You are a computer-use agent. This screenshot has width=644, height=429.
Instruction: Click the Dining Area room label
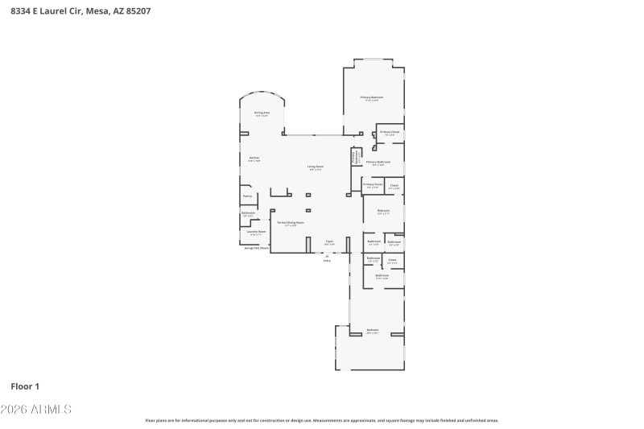[x=262, y=113]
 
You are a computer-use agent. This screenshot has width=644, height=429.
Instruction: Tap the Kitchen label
[x=254, y=159]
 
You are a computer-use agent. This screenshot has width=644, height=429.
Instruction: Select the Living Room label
[x=315, y=167]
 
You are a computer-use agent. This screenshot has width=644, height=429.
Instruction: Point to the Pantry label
[x=247, y=196]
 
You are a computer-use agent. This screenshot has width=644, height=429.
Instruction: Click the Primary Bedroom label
[x=371, y=98]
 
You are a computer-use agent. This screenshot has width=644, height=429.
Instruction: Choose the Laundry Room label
[x=256, y=233]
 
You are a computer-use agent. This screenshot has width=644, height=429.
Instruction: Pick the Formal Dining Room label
[x=291, y=223]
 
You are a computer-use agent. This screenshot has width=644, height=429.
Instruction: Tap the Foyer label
[x=329, y=241]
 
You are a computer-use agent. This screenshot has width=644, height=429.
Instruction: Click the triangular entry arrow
[x=327, y=255]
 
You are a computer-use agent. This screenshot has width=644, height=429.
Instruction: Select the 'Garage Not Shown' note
[x=256, y=248]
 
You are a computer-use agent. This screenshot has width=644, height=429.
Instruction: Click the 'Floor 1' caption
[x=25, y=386]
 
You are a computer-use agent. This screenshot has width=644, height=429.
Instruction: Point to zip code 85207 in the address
[x=135, y=11]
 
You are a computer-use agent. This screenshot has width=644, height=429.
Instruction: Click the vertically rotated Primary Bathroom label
[x=355, y=158]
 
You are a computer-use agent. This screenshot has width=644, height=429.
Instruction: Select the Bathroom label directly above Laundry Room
[x=249, y=213]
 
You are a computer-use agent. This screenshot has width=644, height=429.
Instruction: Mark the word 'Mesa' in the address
[x=93, y=11]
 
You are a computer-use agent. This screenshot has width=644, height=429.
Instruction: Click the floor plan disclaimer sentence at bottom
[x=322, y=420]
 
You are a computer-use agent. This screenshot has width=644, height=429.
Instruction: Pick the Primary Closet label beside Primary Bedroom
[x=390, y=133]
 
